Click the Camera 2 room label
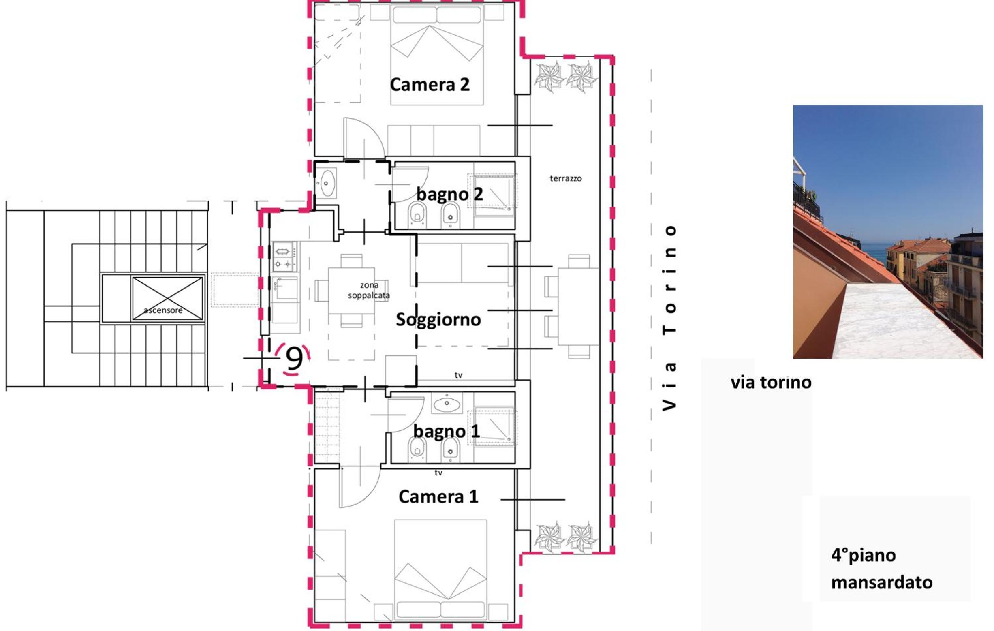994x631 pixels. coord(430,85)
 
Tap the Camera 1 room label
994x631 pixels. coord(438,496)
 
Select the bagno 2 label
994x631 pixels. coord(449,194)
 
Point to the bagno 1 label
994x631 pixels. coord(446,431)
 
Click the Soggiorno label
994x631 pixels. coord(438,320)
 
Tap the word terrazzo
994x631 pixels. coord(566,178)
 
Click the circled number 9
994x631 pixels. coord(294,358)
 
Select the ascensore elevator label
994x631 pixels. coord(163,310)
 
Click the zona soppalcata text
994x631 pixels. coord(369,290)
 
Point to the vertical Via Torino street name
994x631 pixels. coord(669,318)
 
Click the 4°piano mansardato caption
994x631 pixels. coord(882,569)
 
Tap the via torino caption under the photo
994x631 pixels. coord(771,383)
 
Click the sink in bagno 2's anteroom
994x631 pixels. coord(327,183)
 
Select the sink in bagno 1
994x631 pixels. coord(447,403)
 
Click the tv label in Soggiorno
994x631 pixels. coord(458,375)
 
